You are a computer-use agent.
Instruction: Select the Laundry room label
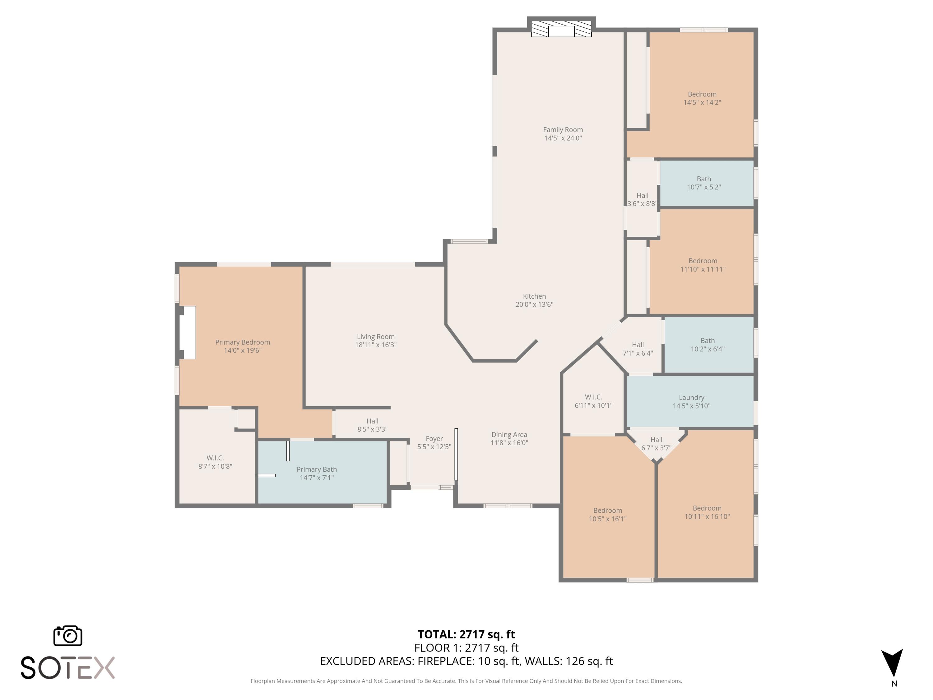pyautogui.click(x=691, y=398)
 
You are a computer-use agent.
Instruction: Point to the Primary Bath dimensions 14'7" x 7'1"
pyautogui.click(x=317, y=478)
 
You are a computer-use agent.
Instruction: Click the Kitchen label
pyautogui.click(x=534, y=296)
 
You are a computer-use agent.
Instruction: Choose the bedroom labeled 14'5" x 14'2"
pyautogui.click(x=702, y=98)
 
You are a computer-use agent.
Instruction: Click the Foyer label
pyautogui.click(x=434, y=439)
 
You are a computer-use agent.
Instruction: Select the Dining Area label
pyautogui.click(x=509, y=435)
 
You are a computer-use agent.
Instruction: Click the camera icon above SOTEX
pyautogui.click(x=68, y=636)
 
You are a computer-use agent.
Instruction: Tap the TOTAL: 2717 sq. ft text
pyautogui.click(x=466, y=634)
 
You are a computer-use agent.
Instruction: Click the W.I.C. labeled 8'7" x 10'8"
pyautogui.click(x=215, y=462)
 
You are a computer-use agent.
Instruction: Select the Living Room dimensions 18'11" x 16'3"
pyautogui.click(x=375, y=345)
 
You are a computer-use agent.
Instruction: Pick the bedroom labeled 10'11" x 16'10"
pyautogui.click(x=707, y=512)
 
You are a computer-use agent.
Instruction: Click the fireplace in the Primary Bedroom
pyautogui.click(x=188, y=333)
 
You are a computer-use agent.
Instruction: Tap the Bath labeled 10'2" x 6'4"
pyautogui.click(x=707, y=345)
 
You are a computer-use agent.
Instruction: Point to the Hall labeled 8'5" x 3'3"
pyautogui.click(x=372, y=425)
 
